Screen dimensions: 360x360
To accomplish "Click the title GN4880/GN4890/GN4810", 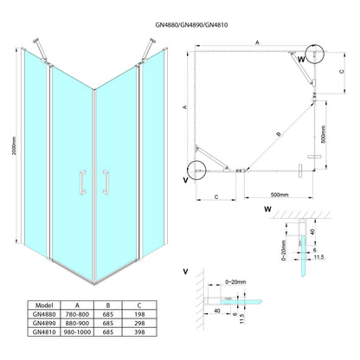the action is coord(191,25).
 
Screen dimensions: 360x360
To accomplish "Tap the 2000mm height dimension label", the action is coord(15,145).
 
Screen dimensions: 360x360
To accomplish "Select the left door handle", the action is coord(83,183).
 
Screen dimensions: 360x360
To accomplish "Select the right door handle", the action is coord(106,183).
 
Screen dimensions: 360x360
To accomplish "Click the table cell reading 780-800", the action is coord(77,314).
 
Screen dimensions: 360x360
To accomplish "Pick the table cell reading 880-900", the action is coord(77,323).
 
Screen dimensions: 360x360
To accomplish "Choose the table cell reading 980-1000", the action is coord(77,332).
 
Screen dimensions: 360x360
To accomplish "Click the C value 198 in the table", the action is coord(139,314).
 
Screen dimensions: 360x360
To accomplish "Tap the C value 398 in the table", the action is coord(139,332).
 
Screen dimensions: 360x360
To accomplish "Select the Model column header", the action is coord(44,305).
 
